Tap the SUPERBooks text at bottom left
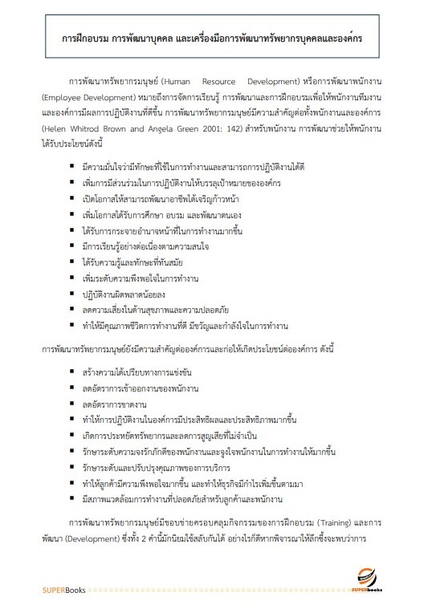(65, 591)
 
